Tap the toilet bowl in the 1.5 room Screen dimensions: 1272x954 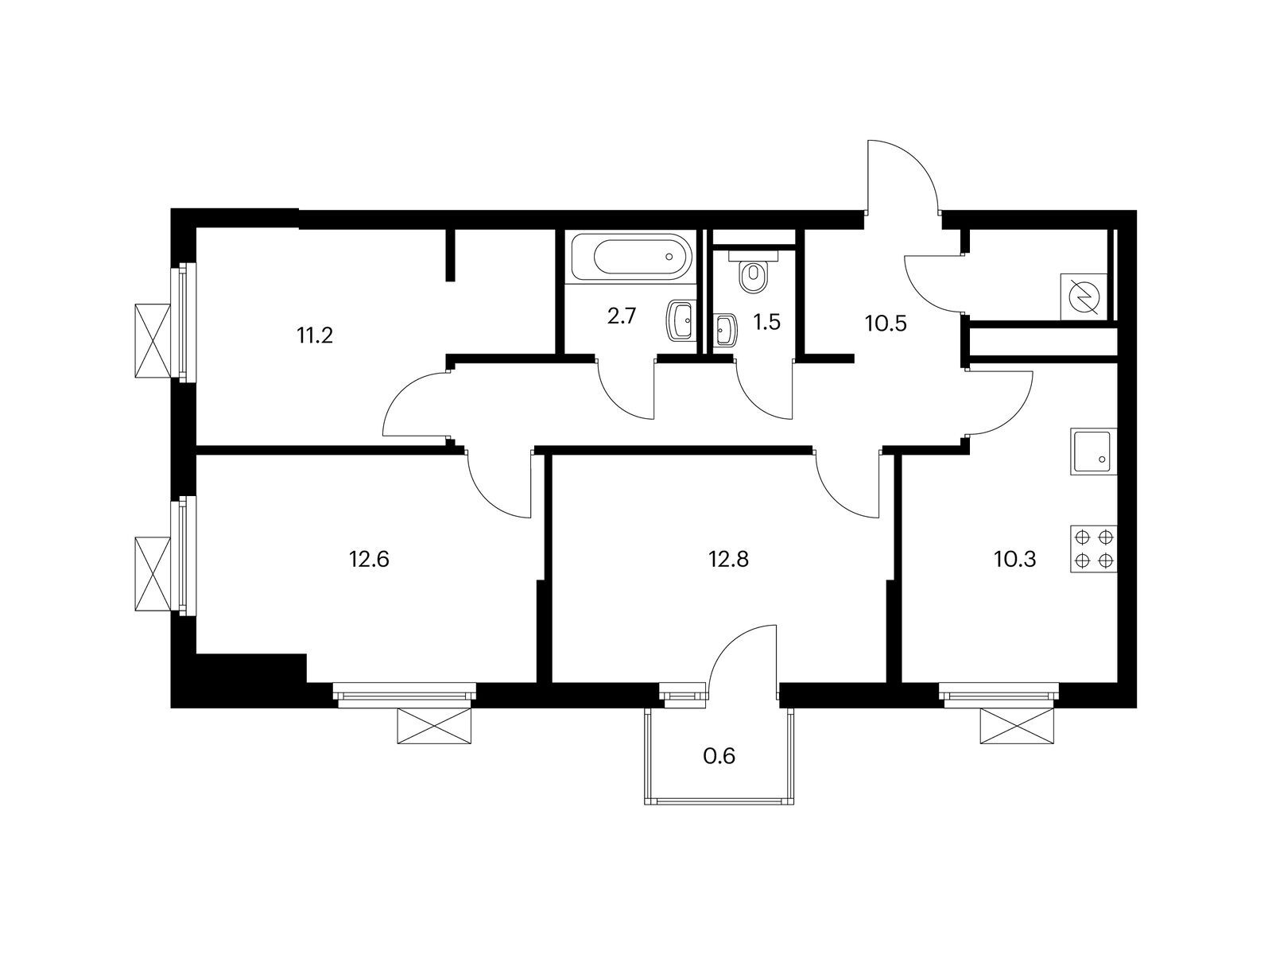click(x=753, y=276)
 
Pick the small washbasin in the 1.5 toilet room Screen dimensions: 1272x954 click(x=724, y=330)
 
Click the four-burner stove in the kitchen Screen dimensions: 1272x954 click(x=1093, y=549)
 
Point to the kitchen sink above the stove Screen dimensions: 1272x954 click(x=1093, y=452)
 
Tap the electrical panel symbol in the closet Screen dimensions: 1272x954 click(x=1084, y=296)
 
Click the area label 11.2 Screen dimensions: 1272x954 click(x=315, y=335)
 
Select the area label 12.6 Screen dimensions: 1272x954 click(x=369, y=560)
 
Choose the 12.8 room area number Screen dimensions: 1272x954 click(x=728, y=560)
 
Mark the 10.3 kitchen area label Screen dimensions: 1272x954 click(x=1014, y=560)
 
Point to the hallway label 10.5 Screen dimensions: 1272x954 click(x=886, y=324)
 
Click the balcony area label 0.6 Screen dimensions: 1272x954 click(x=719, y=756)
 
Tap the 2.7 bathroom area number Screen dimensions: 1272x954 click(x=622, y=316)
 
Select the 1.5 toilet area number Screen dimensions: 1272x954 click(x=767, y=323)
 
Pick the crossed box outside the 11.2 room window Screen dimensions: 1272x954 click(x=153, y=341)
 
